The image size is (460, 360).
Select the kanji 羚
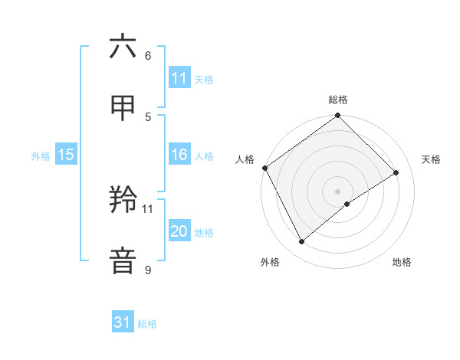click(123, 201)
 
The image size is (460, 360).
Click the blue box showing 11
click(179, 78)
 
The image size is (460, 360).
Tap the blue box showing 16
click(179, 155)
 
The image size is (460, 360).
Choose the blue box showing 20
click(179, 231)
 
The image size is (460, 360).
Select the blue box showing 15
click(65, 155)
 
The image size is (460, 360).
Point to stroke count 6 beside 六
click(147, 56)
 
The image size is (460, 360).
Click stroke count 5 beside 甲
click(147, 116)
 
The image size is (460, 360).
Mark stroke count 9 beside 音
click(147, 270)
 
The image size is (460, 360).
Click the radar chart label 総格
click(338, 100)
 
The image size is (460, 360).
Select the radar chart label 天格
click(431, 159)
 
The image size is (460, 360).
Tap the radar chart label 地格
click(402, 262)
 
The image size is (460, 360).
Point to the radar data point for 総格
click(338, 116)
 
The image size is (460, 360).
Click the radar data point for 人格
click(264, 168)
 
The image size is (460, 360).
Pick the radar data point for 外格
click(302, 242)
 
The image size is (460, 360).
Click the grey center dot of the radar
click(338, 191)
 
